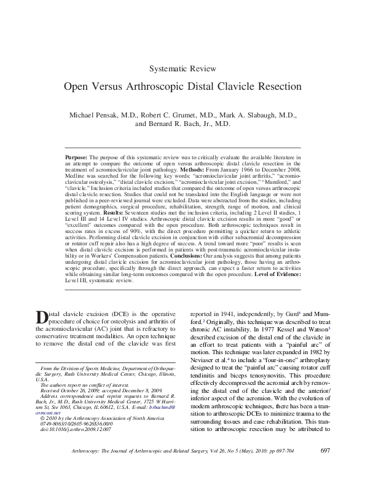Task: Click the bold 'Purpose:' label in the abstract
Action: [77, 158]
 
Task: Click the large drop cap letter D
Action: [42, 317]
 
